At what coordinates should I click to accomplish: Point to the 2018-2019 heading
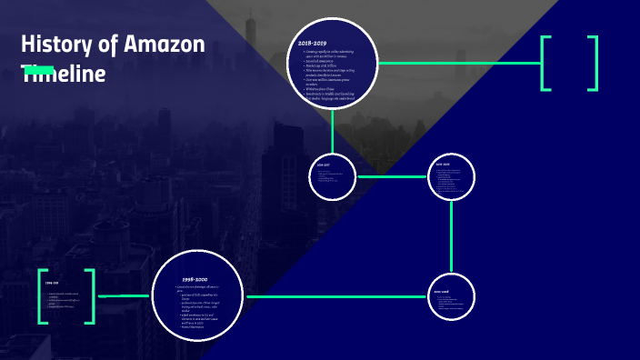point(312,43)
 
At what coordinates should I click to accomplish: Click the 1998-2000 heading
point(196,278)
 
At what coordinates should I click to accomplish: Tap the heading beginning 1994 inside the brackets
point(52,284)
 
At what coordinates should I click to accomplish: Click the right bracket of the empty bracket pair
point(593,63)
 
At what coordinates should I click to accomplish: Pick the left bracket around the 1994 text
point(43,296)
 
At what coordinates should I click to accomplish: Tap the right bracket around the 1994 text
point(89,296)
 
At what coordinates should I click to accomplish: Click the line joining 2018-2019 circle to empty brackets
point(459,63)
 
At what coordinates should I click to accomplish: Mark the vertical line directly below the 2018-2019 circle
point(333,131)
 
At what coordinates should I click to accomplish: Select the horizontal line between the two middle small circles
point(392,176)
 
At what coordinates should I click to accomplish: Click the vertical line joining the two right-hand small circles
point(452,235)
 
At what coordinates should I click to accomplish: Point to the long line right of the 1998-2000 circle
point(335,296)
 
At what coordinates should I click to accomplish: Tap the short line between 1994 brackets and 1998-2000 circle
point(124,296)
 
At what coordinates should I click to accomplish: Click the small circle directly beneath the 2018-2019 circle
point(333,176)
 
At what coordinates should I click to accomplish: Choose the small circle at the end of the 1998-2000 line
point(452,297)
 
